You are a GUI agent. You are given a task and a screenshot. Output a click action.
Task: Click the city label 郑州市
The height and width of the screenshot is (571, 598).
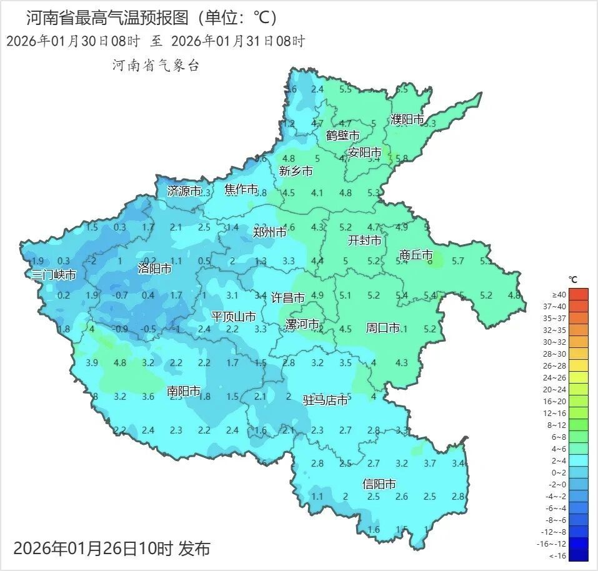click(270, 232)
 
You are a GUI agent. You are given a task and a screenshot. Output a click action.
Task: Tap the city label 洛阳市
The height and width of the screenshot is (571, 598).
click(154, 269)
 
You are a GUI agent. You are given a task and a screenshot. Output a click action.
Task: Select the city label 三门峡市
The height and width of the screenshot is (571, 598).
click(54, 275)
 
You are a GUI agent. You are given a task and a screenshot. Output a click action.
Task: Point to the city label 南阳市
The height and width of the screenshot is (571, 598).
click(184, 391)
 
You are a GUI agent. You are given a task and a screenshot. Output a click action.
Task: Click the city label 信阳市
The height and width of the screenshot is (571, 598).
click(379, 484)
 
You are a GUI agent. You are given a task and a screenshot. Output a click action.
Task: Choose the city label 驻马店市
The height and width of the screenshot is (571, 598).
click(326, 400)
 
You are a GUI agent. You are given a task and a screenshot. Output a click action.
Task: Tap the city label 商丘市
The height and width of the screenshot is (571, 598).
click(416, 255)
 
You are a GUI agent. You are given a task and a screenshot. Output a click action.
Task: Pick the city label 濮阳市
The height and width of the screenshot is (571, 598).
click(407, 119)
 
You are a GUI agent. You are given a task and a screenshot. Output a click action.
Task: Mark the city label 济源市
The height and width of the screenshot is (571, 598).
click(184, 191)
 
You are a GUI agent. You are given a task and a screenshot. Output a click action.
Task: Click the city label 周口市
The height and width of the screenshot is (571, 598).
click(382, 327)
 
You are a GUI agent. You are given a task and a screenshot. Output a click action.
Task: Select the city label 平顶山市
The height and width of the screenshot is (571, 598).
click(233, 317)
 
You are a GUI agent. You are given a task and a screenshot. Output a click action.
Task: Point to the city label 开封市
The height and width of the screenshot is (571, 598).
click(364, 241)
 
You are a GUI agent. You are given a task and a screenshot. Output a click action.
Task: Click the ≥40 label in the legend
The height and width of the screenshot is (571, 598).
click(559, 294)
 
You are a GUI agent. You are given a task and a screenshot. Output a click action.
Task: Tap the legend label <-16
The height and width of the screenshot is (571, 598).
click(559, 555)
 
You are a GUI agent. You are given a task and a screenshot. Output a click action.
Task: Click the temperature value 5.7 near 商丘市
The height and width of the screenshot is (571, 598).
click(457, 261)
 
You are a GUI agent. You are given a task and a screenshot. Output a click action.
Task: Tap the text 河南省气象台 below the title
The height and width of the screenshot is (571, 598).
click(156, 66)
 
